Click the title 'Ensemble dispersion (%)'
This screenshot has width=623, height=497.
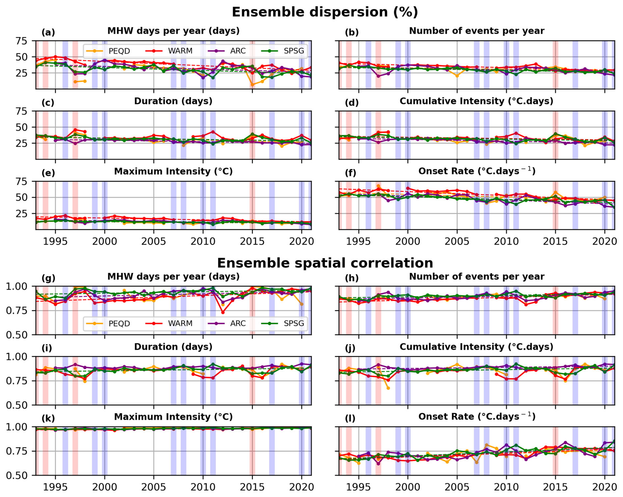[x=325, y=12]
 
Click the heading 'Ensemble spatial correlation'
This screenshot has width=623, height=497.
[x=325, y=263]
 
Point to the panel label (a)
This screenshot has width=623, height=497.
[x=48, y=32]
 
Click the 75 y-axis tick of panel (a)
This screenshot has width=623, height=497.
[x=21, y=41]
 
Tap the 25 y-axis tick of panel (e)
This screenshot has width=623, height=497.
[x=21, y=214]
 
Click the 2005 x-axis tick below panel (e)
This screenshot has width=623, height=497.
[x=153, y=241]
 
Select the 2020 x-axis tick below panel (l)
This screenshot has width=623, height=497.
[x=605, y=487]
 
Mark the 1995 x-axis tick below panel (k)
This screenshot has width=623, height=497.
[x=55, y=487]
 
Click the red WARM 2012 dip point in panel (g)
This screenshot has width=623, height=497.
[x=223, y=312]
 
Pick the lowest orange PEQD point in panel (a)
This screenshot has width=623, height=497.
[x=253, y=85]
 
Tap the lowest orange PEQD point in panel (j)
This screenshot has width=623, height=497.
[x=388, y=388]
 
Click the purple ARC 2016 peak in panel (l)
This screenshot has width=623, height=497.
[x=565, y=443]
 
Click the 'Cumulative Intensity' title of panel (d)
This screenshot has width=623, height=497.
[x=476, y=101]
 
